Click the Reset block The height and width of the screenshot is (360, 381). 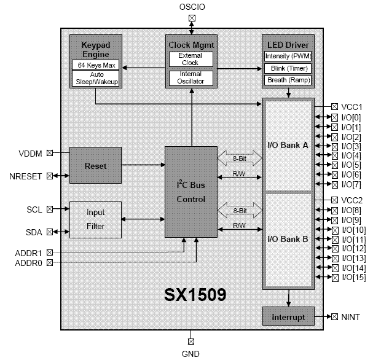click(x=95, y=166)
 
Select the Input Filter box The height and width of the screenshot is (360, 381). click(x=95, y=219)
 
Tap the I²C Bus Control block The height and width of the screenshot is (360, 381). click(x=190, y=192)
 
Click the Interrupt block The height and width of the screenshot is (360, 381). click(x=288, y=317)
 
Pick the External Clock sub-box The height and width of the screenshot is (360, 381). click(x=190, y=59)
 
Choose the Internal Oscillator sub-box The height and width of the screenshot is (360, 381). click(x=190, y=78)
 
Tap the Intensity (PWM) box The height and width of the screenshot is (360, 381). click(x=288, y=56)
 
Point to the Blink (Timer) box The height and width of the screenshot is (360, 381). click(x=288, y=68)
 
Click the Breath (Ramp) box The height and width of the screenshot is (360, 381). click(x=288, y=80)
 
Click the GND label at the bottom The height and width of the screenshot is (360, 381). click(x=190, y=353)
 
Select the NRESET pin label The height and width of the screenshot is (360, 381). click(x=26, y=176)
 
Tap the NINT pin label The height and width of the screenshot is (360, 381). click(x=351, y=317)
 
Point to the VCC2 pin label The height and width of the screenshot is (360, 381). click(x=352, y=200)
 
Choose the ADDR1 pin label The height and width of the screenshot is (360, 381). click(x=29, y=252)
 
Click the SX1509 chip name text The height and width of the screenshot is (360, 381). click(x=195, y=294)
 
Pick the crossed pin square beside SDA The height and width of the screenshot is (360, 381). click(x=50, y=231)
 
